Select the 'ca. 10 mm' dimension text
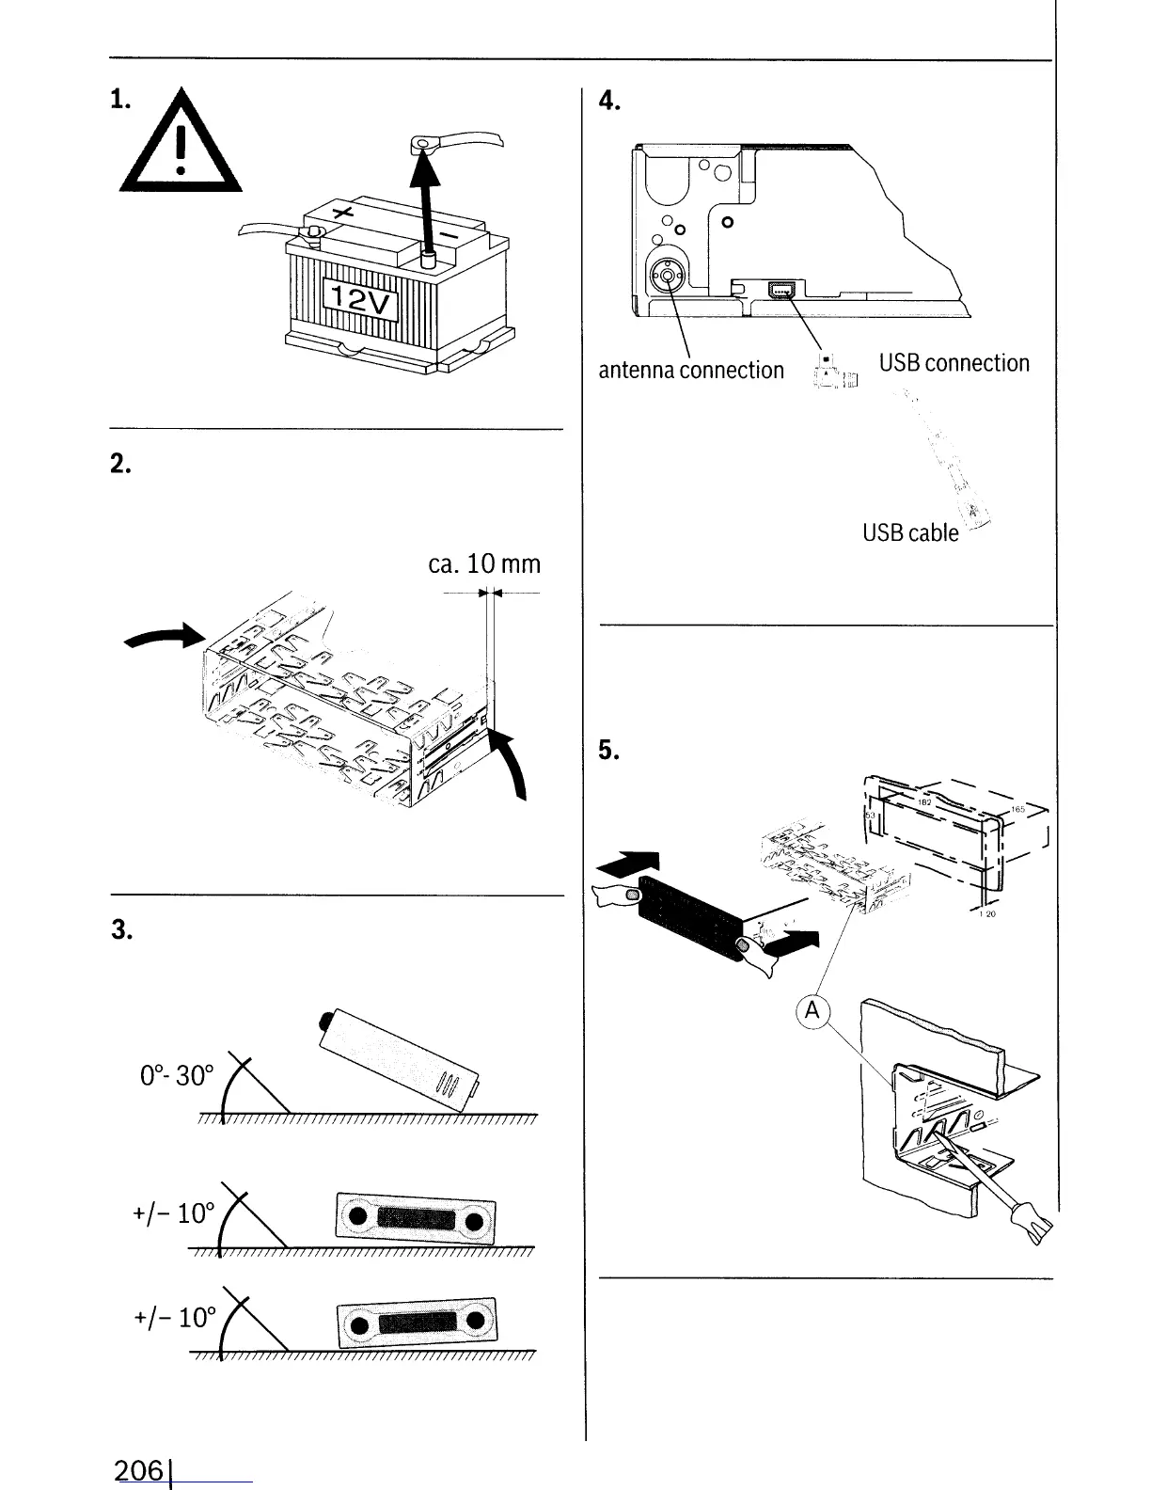pos(483,563)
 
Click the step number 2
pos(119,464)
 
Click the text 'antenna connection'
pos(691,370)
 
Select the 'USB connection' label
pos(954,363)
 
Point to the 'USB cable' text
pos(910,532)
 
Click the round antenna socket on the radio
pos(667,276)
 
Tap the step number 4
pos(608,102)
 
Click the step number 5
pos(608,750)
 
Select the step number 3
pos(119,929)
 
